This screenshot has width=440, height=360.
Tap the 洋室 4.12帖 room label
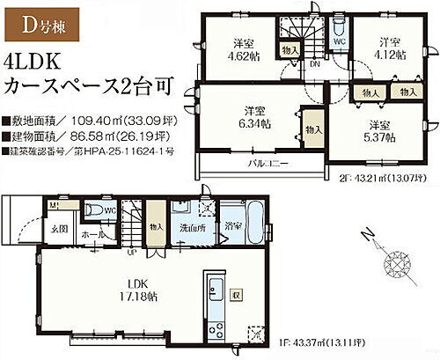[x=392, y=48]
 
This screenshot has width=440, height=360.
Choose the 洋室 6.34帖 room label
[x=256, y=118]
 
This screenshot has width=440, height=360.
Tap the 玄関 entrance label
[x=58, y=230]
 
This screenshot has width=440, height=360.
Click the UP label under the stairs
[x=131, y=253]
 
